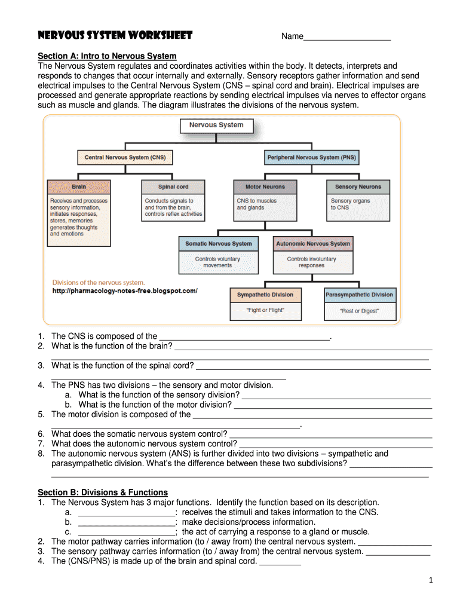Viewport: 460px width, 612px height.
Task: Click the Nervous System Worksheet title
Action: click(115, 35)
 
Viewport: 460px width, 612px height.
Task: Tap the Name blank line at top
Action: click(347, 38)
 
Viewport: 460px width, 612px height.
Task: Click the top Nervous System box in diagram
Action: click(216, 126)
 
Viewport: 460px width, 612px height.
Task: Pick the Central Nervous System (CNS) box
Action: click(125, 158)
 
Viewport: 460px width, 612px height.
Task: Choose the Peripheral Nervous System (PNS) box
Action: click(311, 158)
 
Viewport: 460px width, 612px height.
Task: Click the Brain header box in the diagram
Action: click(79, 187)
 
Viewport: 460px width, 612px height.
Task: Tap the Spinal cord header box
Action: click(173, 187)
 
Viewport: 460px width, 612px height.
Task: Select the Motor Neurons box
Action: click(265, 187)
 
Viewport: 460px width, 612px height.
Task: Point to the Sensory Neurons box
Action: click(358, 187)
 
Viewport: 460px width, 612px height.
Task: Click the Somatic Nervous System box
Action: click(219, 244)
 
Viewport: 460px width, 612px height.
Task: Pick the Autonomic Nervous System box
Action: click(312, 244)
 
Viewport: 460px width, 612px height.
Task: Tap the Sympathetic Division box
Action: click(265, 295)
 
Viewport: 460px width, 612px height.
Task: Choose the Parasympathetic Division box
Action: click(359, 295)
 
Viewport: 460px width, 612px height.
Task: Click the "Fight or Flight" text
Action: click(265, 310)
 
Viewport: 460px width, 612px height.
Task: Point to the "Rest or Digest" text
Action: click(359, 311)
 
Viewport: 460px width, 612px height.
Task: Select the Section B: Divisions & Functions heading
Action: click(103, 492)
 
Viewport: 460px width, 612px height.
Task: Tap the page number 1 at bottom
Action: click(430, 580)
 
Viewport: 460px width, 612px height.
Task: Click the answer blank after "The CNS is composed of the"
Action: click(245, 337)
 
